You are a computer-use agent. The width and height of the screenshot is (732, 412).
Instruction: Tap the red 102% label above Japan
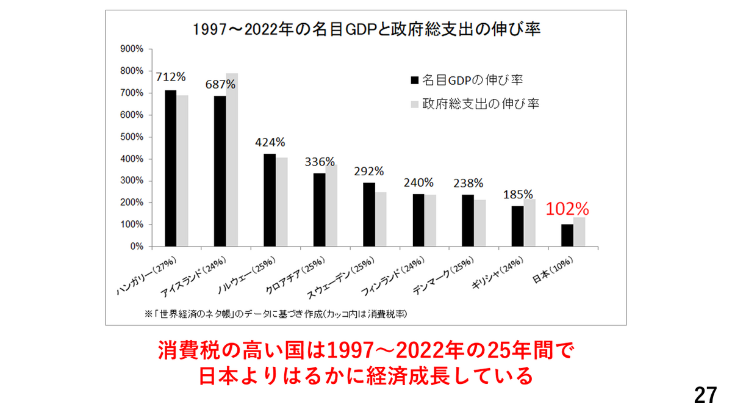click(567, 208)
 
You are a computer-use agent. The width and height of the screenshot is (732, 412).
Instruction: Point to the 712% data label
click(171, 77)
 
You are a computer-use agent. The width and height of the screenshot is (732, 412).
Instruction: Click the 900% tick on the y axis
click(132, 49)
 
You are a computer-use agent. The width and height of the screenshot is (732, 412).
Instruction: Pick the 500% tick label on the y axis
click(132, 137)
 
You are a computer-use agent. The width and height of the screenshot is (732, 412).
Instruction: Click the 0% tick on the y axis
click(135, 247)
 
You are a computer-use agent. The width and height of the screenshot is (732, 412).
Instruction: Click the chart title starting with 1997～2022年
click(366, 29)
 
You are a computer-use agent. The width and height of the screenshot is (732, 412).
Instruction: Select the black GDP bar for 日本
click(567, 236)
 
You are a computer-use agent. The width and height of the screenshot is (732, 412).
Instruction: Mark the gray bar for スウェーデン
click(381, 220)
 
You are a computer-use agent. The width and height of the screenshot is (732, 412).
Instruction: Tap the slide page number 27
click(706, 396)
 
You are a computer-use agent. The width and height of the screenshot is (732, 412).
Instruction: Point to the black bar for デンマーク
click(468, 220)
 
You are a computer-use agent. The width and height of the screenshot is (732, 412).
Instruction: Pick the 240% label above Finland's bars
click(418, 183)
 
